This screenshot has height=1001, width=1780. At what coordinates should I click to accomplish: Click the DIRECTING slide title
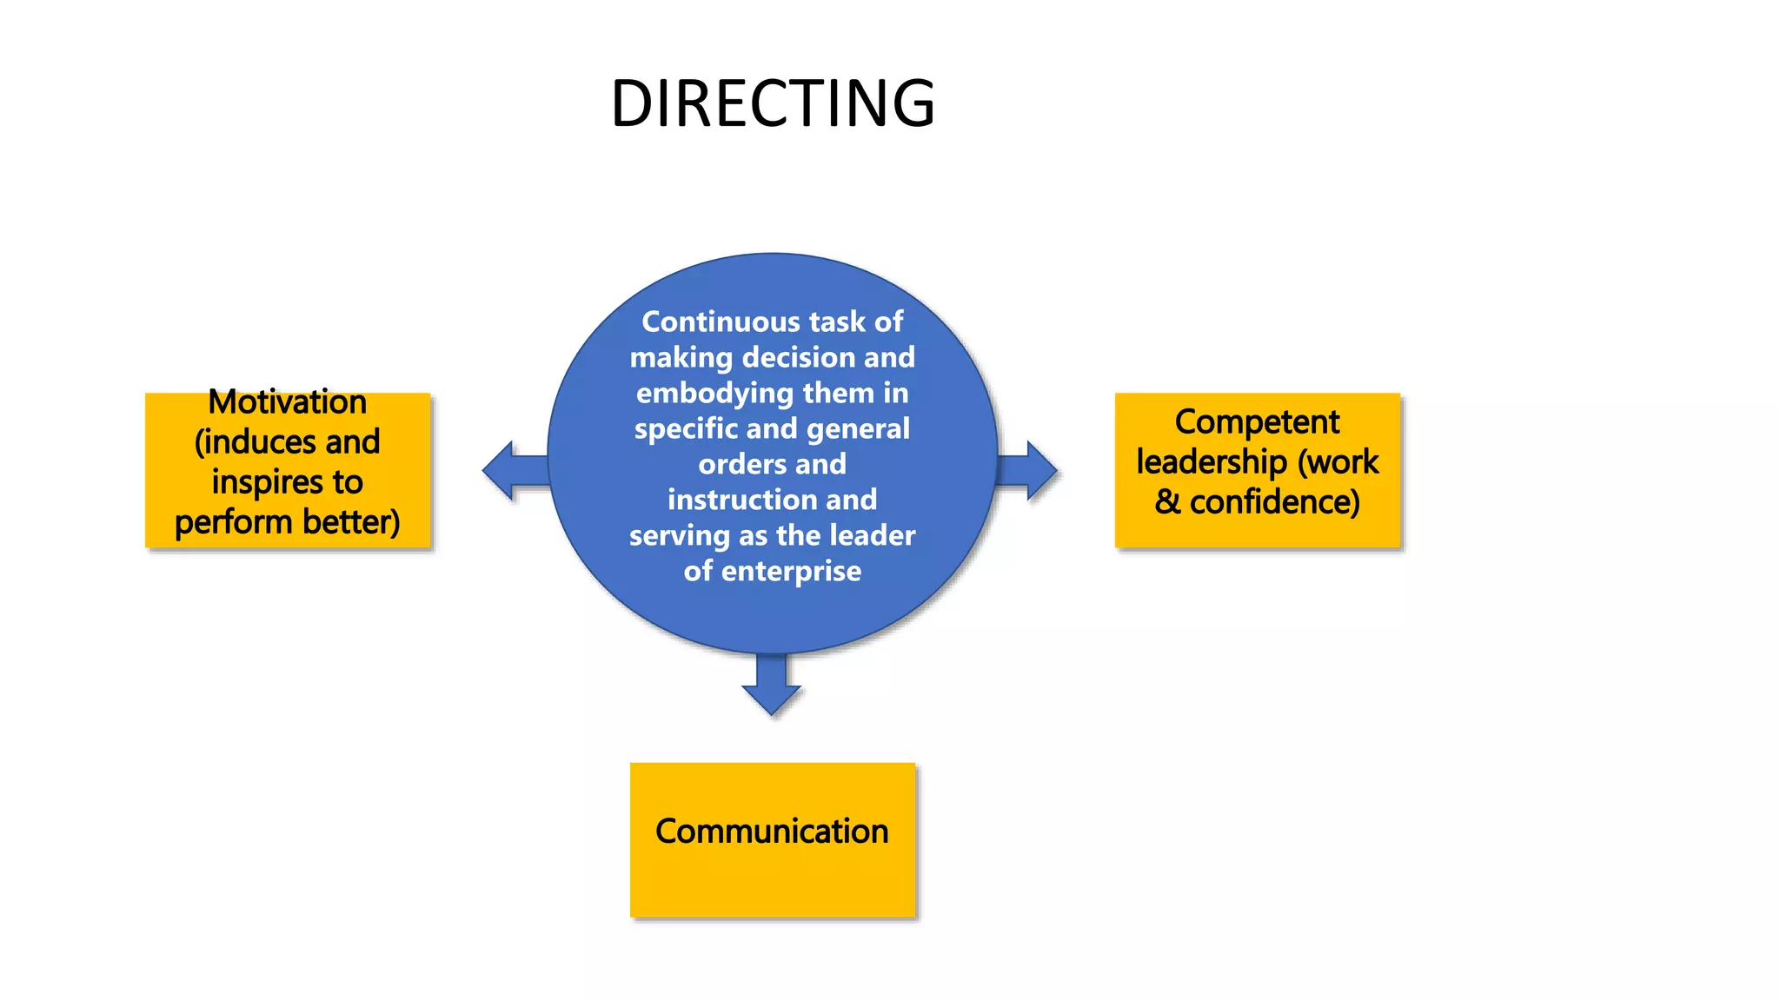pos(773,103)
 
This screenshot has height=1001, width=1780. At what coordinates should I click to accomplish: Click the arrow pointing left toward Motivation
pos(511,471)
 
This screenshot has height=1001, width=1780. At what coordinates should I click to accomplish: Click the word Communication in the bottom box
pos(772,832)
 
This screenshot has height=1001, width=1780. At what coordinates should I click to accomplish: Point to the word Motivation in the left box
pos(288,402)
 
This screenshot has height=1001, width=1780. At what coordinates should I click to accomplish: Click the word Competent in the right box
pos(1257,422)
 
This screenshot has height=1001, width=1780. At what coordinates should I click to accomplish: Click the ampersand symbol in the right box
pos(1167,502)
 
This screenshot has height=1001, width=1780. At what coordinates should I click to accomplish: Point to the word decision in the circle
pos(787,357)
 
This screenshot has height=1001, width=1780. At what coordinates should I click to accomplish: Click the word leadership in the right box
pos(1212,462)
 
